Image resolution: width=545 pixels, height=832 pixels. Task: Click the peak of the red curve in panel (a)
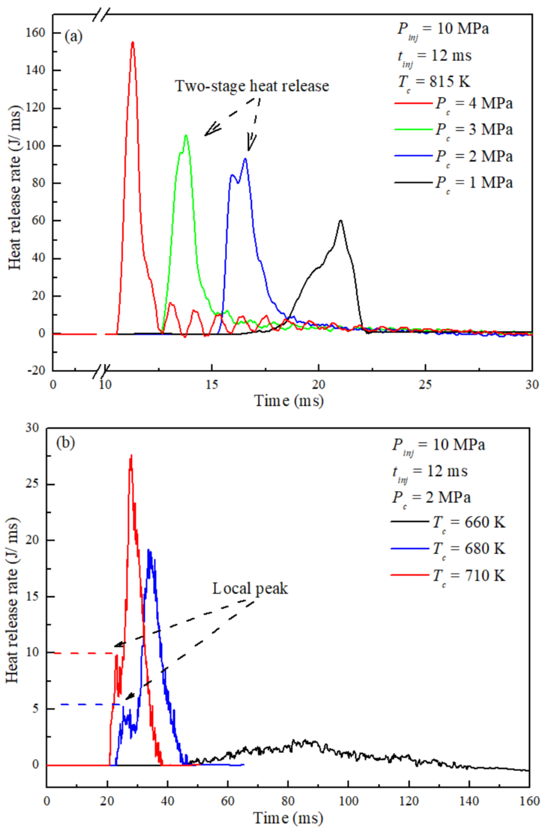[132, 42]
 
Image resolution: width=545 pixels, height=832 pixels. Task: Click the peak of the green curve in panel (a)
[186, 135]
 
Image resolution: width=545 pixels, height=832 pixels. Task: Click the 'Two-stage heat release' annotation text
[252, 86]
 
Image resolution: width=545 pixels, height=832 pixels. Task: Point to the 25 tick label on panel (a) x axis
[425, 384]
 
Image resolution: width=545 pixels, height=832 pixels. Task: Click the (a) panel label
[73, 37]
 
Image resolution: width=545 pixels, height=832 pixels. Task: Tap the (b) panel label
[65, 443]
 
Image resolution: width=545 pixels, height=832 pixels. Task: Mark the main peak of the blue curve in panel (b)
[149, 550]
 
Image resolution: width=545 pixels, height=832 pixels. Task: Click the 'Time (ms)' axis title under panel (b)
[288, 818]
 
